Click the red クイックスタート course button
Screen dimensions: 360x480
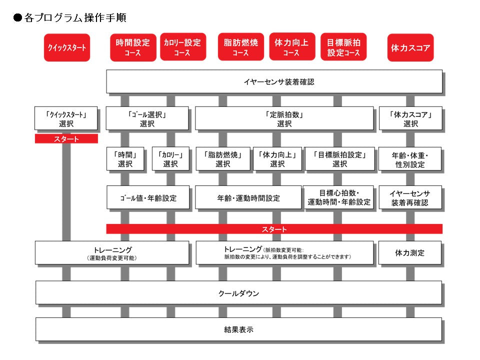point(67,47)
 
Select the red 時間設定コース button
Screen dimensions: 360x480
point(132,47)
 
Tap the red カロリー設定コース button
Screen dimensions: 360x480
point(182,47)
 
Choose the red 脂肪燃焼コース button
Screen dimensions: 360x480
point(240,47)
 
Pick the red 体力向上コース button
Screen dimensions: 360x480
point(291,47)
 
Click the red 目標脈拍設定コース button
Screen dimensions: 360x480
point(343,47)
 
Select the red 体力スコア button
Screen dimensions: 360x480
point(410,47)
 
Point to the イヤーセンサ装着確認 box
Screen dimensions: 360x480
point(274,81)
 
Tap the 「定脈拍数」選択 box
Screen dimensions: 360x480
point(284,118)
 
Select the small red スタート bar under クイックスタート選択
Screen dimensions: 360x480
point(66,139)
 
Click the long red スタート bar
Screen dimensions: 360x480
point(274,229)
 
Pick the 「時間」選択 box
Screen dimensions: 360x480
point(125,159)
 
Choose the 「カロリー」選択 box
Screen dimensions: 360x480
point(170,159)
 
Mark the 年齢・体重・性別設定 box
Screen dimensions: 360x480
point(410,159)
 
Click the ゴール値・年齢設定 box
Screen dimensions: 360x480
point(148,198)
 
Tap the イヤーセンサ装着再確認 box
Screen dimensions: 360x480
point(410,198)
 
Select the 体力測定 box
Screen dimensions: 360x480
point(410,253)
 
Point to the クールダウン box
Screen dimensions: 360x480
point(238,293)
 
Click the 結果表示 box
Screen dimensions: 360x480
point(238,329)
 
